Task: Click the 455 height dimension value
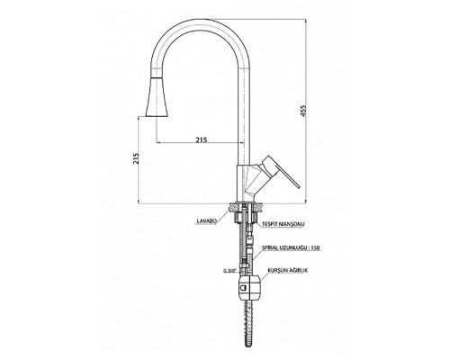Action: pyautogui.click(x=304, y=111)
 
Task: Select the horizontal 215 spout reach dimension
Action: pyautogui.click(x=202, y=139)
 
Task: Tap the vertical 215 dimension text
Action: pyautogui.click(x=136, y=158)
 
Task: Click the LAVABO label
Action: pyautogui.click(x=206, y=221)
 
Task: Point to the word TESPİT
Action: pyautogui.click(x=270, y=224)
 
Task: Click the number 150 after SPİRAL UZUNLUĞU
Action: pyautogui.click(x=316, y=247)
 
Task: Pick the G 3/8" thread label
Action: pyautogui.click(x=230, y=271)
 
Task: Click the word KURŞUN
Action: pyautogui.click(x=275, y=270)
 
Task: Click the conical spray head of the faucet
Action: pyautogui.click(x=157, y=96)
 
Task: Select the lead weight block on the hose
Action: pyautogui.click(x=249, y=288)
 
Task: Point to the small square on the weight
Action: pyautogui.click(x=243, y=288)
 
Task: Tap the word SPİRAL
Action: pyautogui.click(x=269, y=247)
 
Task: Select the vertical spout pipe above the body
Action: pyautogui.click(x=244, y=117)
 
